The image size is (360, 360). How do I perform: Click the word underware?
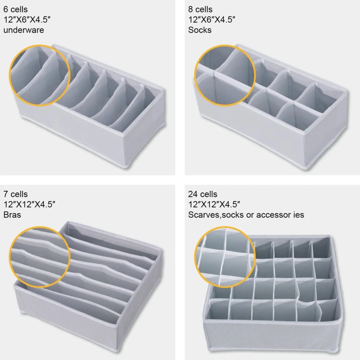(24, 30)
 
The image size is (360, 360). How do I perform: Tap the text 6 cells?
(15, 10)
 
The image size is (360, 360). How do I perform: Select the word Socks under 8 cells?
(200, 30)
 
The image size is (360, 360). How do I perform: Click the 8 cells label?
(200, 10)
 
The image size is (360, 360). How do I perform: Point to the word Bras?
(12, 215)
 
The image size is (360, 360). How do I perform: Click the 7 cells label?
(15, 194)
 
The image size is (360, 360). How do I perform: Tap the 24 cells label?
(202, 194)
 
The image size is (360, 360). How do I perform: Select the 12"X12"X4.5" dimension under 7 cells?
(29, 204)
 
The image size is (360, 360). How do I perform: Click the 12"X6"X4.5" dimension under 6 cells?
(27, 20)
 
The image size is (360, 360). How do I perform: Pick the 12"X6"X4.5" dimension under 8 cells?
(212, 20)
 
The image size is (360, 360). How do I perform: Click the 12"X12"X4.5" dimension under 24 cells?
(214, 204)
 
